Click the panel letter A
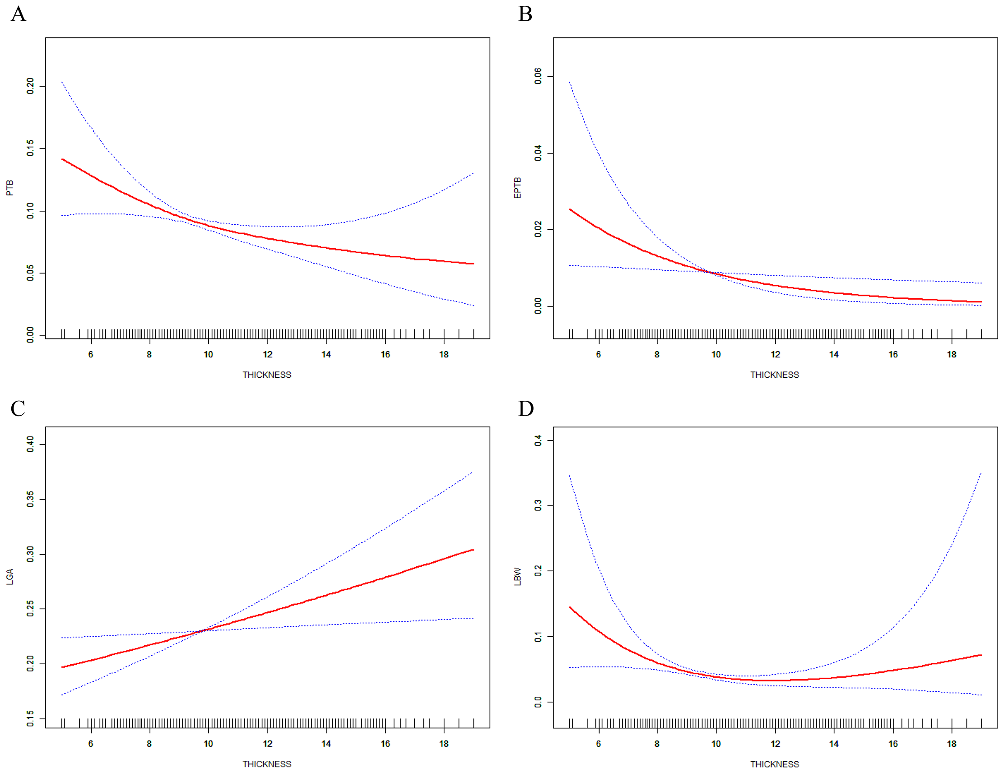click(19, 14)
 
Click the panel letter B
click(525, 14)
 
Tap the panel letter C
click(18, 408)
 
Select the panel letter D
click(526, 408)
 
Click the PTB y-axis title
click(9, 188)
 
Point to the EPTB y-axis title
click(518, 188)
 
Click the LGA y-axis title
click(9, 577)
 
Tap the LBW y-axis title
click(518, 577)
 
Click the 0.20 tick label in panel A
click(30, 86)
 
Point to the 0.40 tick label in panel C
click(30, 444)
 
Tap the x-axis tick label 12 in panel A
click(268, 354)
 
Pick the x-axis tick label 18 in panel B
click(952, 354)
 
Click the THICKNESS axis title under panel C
click(267, 764)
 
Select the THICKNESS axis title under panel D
click(775, 764)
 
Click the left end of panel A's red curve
click(62, 159)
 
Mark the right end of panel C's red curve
click(473, 550)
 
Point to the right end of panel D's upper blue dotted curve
click(981, 473)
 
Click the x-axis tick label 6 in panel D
click(599, 744)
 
